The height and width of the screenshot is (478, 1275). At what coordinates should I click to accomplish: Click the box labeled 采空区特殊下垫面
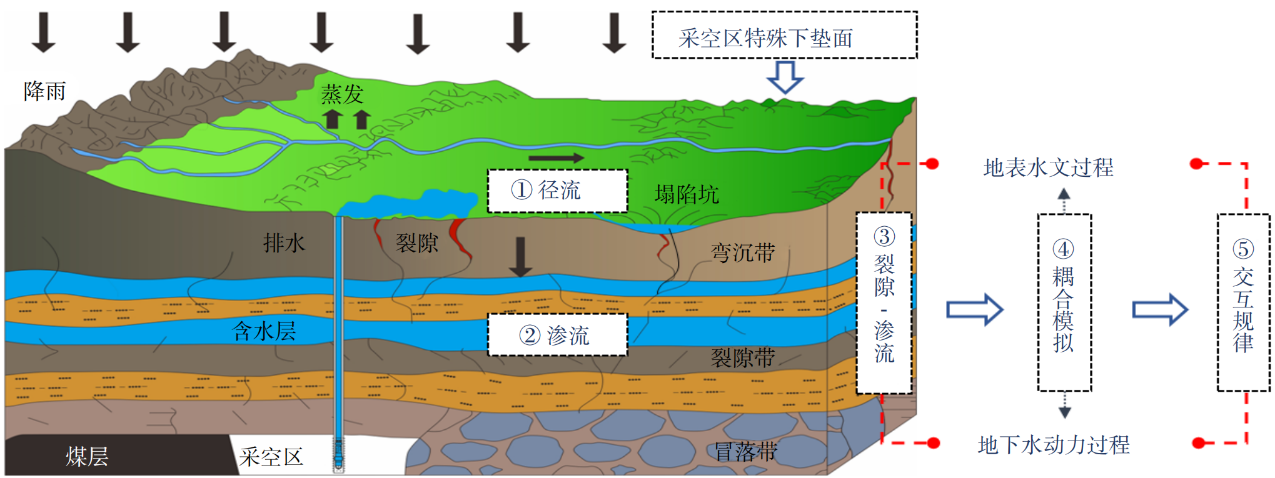[x=785, y=35]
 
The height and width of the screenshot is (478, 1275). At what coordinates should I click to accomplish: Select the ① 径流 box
[x=558, y=191]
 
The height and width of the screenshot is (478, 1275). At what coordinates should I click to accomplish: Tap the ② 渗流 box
[x=558, y=335]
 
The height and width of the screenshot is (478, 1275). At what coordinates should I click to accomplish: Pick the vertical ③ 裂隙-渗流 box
[x=884, y=303]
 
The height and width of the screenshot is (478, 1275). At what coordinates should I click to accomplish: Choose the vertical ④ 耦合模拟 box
[x=1064, y=302]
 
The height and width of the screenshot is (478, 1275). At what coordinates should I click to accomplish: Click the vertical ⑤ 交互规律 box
[x=1243, y=302]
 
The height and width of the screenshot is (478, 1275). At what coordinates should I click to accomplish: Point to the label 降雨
[x=45, y=91]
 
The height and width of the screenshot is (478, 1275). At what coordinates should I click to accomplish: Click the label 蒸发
[x=342, y=94]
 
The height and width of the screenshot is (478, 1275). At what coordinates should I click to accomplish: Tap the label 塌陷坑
[x=687, y=194]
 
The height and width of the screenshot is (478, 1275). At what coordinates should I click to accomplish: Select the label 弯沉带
[x=743, y=253]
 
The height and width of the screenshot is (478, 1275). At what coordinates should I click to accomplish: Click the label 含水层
[x=264, y=331]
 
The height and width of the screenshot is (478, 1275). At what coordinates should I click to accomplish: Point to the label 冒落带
[x=746, y=451]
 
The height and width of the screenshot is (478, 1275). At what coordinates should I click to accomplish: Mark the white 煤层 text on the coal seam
[x=87, y=457]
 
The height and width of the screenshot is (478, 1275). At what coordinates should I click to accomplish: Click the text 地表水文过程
[x=1049, y=167]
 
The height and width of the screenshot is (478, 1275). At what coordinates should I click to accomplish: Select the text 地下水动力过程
[x=1054, y=445]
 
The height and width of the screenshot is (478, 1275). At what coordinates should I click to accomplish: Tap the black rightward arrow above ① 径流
[x=556, y=158]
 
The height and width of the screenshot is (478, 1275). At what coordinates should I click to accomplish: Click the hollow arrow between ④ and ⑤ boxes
[x=1160, y=309]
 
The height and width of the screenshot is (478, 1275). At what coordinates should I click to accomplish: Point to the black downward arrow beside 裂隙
[x=520, y=257]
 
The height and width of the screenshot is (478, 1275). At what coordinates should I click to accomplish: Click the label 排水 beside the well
[x=284, y=242]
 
